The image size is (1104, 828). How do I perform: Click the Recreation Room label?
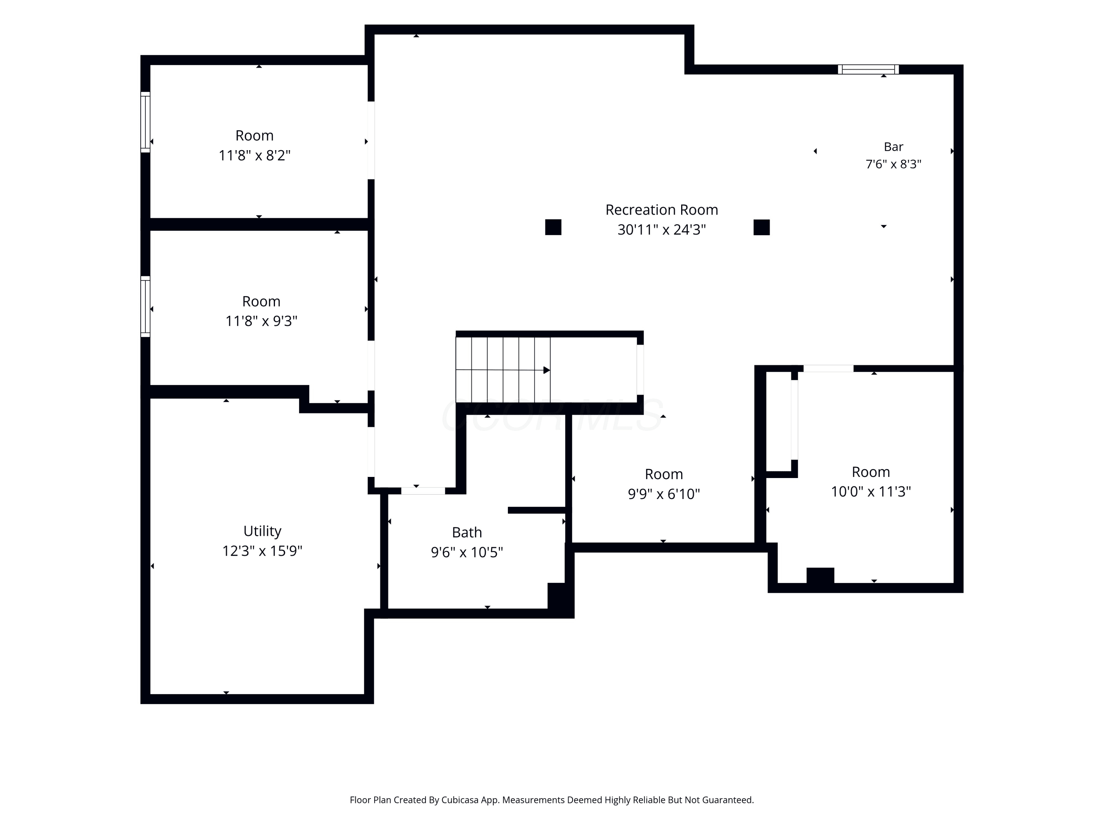point(661,210)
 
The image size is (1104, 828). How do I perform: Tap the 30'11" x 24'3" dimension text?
point(661,230)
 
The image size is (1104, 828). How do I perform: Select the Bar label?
point(894,147)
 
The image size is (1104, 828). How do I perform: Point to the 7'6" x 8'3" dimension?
point(894,164)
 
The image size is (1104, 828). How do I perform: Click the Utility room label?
point(262,531)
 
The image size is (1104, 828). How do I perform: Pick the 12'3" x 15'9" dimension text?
point(262,551)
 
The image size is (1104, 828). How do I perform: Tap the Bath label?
point(467,532)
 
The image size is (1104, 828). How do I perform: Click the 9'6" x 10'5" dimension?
point(467,552)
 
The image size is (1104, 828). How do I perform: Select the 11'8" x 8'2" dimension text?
point(255,155)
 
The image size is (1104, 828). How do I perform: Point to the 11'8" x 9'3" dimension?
point(261,321)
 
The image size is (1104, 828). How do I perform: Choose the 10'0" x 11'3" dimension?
point(871,492)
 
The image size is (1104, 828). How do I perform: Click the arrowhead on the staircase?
point(546,370)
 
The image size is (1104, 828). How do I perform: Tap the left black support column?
point(553,227)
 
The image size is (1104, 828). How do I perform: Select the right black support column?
point(762,227)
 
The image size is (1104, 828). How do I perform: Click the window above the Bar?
point(868,70)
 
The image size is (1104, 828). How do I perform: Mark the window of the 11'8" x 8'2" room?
point(145,122)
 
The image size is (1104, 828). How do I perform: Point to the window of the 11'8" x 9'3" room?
point(145,307)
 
